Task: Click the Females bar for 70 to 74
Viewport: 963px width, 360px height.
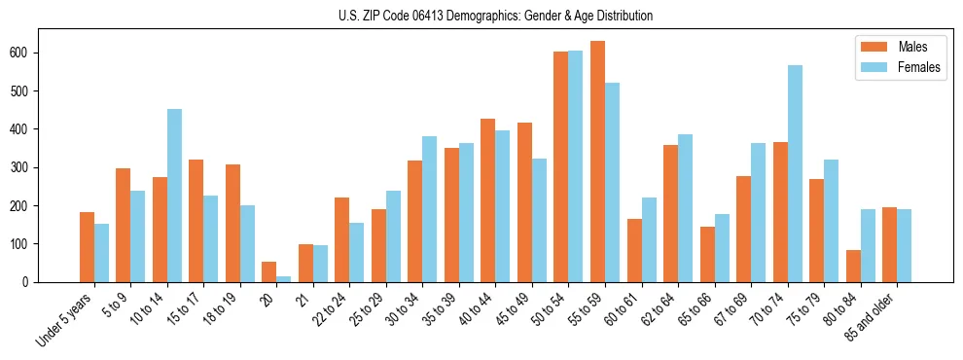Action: pos(796,173)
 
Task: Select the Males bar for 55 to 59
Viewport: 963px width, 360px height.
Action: pos(597,162)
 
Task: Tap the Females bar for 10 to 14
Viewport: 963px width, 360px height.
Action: pos(174,196)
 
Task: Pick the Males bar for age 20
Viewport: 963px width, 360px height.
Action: pos(268,271)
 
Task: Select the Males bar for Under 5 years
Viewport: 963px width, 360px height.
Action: pos(87,247)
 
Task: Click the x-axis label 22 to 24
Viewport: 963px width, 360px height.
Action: pos(326,309)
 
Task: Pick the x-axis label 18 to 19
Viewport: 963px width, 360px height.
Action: pos(216,309)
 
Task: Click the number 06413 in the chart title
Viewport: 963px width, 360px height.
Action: pos(426,17)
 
